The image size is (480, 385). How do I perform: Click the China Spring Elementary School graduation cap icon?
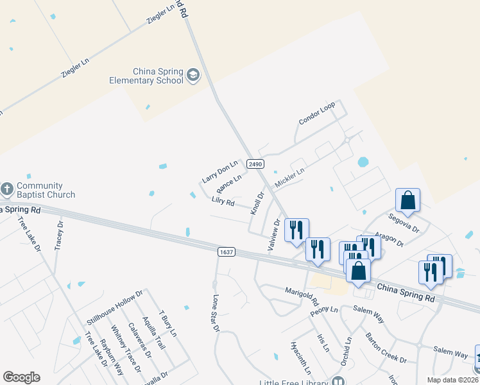pos(193,77)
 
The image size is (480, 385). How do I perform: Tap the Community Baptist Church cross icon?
pos(7,189)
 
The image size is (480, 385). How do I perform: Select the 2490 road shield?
pos(255,164)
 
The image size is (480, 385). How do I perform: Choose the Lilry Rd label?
pos(223,202)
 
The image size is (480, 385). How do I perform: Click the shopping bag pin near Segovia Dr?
pos(407,200)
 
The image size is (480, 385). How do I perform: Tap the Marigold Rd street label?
pos(302,296)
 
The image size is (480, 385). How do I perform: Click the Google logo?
pos(21,377)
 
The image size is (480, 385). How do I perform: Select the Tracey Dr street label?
pos(60,236)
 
